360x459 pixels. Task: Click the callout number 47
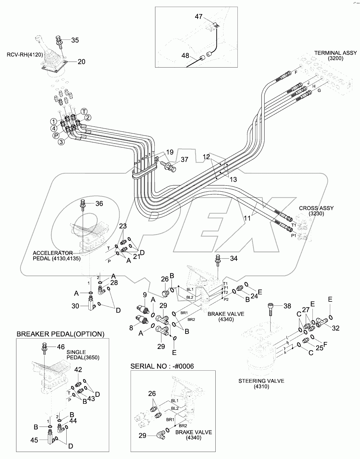(x=199, y=17)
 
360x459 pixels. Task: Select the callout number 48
(x=185, y=56)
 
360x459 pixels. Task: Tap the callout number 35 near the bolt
(x=75, y=40)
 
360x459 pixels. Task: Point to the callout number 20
(x=81, y=62)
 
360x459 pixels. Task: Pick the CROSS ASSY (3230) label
(x=316, y=211)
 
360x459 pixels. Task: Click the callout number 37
(x=185, y=160)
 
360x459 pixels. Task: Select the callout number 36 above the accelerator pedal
(x=99, y=204)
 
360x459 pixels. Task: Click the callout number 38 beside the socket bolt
(x=287, y=306)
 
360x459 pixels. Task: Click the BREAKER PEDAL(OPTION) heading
(x=60, y=334)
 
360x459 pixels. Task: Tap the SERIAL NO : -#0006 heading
(x=162, y=366)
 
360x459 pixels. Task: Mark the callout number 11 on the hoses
(x=247, y=218)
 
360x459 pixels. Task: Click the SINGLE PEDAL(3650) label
(x=76, y=355)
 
